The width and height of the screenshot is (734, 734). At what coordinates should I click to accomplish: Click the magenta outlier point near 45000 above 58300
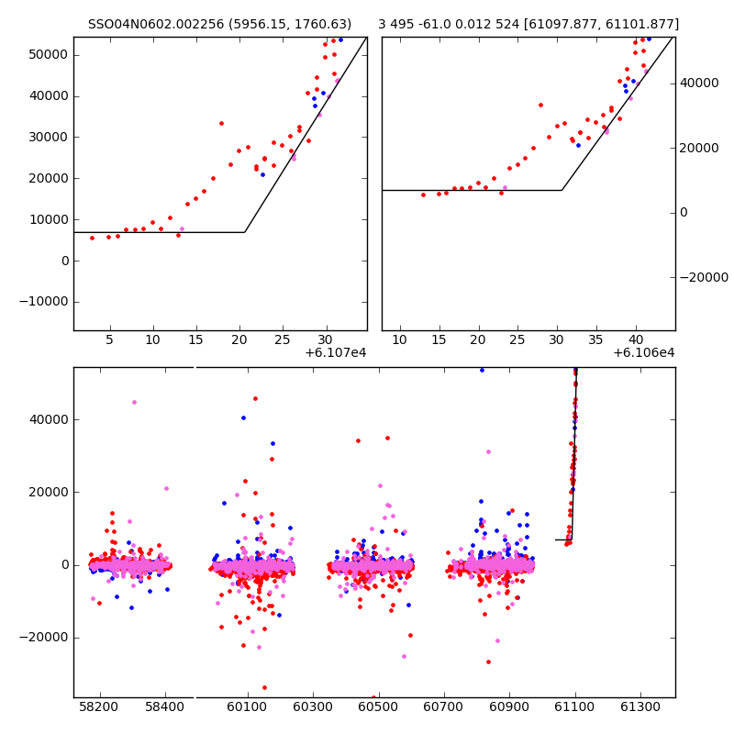point(134,402)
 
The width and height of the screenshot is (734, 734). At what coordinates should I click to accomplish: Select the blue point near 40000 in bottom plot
point(243,417)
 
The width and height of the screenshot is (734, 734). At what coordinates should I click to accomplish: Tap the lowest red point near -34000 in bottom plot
point(264,687)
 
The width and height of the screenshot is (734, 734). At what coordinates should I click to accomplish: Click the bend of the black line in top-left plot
point(244,232)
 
